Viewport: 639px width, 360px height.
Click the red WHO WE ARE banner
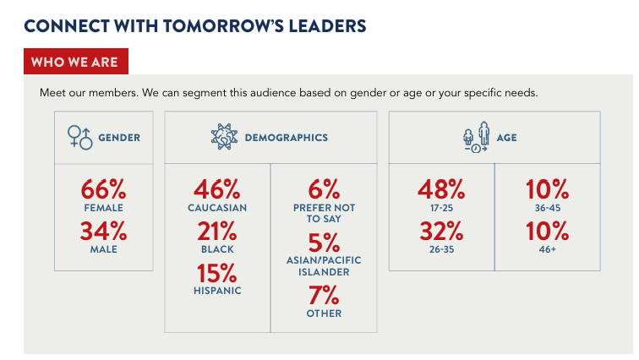coord(75,63)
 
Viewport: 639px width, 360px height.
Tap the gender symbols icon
coord(79,137)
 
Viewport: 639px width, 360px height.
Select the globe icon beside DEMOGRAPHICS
coord(224,137)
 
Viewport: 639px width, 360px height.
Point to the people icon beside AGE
coord(477,137)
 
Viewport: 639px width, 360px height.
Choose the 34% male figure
coord(103,231)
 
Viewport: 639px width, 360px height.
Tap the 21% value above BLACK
coord(216,231)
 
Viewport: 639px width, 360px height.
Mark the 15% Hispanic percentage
coord(216,272)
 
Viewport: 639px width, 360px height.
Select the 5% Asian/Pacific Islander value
coord(324,243)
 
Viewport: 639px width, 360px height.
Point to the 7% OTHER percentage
coord(324,296)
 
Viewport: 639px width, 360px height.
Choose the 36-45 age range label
coord(548,208)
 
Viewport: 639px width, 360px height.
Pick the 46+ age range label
coord(548,249)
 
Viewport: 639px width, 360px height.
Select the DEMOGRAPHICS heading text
coord(286,137)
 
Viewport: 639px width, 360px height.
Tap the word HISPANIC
coord(216,291)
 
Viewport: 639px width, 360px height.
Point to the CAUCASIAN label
coord(216,208)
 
